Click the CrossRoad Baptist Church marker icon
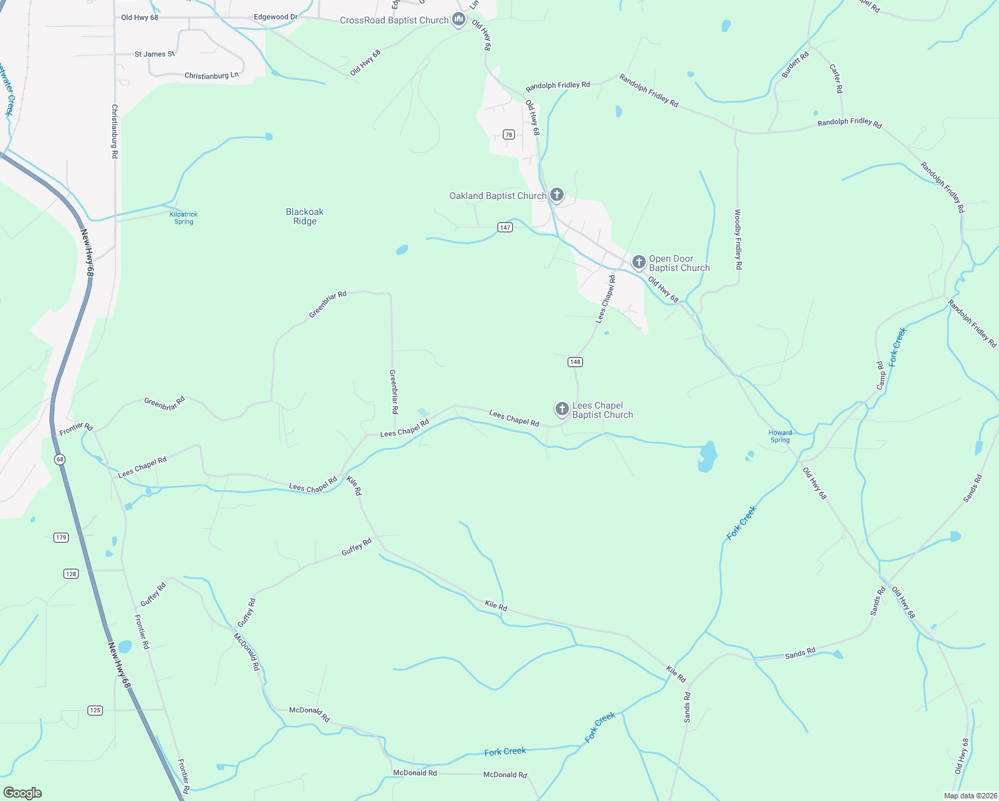pos(459,19)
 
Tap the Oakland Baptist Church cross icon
pos(557,195)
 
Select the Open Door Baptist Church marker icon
pos(639,262)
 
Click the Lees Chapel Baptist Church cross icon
pos(562,409)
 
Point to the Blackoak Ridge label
pos(305,216)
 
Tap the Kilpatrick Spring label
pos(184,218)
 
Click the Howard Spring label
pos(780,436)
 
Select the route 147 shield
pos(505,228)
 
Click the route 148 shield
pos(575,362)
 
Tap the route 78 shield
pos(509,135)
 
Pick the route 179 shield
pos(61,537)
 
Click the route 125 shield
pos(95,710)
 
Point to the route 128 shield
pos(71,573)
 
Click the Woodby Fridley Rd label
pos(738,240)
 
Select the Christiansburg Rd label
pos(115,131)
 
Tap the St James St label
pos(154,54)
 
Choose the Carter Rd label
pos(836,78)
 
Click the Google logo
pos(22,793)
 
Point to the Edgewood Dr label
pos(276,17)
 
